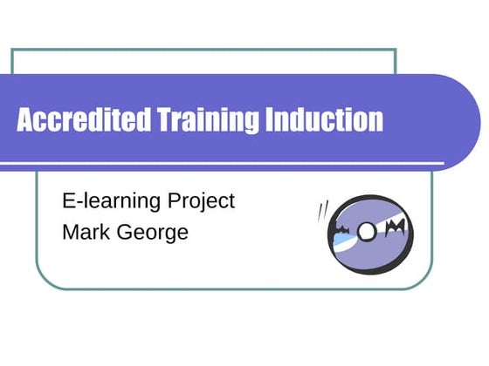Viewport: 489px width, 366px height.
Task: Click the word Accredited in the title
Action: click(83, 120)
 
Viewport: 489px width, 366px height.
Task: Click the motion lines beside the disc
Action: click(325, 212)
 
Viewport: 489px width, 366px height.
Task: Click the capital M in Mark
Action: click(69, 232)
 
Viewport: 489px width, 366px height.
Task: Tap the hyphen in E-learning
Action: click(77, 202)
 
